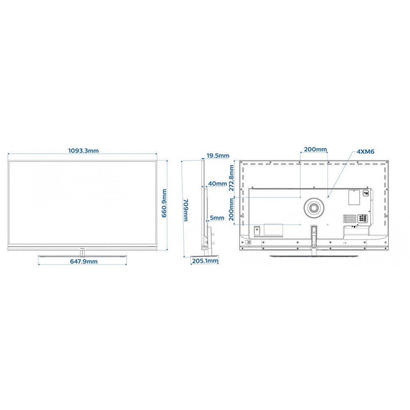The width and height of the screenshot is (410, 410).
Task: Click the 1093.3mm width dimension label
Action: (83, 150)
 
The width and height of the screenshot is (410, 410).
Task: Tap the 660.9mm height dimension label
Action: (164, 203)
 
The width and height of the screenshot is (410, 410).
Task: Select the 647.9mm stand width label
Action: (84, 261)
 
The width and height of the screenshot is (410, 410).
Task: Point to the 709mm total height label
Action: (186, 210)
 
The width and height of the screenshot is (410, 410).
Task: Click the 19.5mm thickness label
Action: (218, 155)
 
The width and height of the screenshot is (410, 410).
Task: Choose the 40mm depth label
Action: (218, 184)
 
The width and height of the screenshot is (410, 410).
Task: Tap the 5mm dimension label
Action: (217, 218)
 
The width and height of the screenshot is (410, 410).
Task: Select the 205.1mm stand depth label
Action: (205, 261)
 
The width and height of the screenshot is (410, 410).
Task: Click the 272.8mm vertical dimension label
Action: (231, 178)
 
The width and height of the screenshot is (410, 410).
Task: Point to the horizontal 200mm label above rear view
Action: (315, 149)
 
